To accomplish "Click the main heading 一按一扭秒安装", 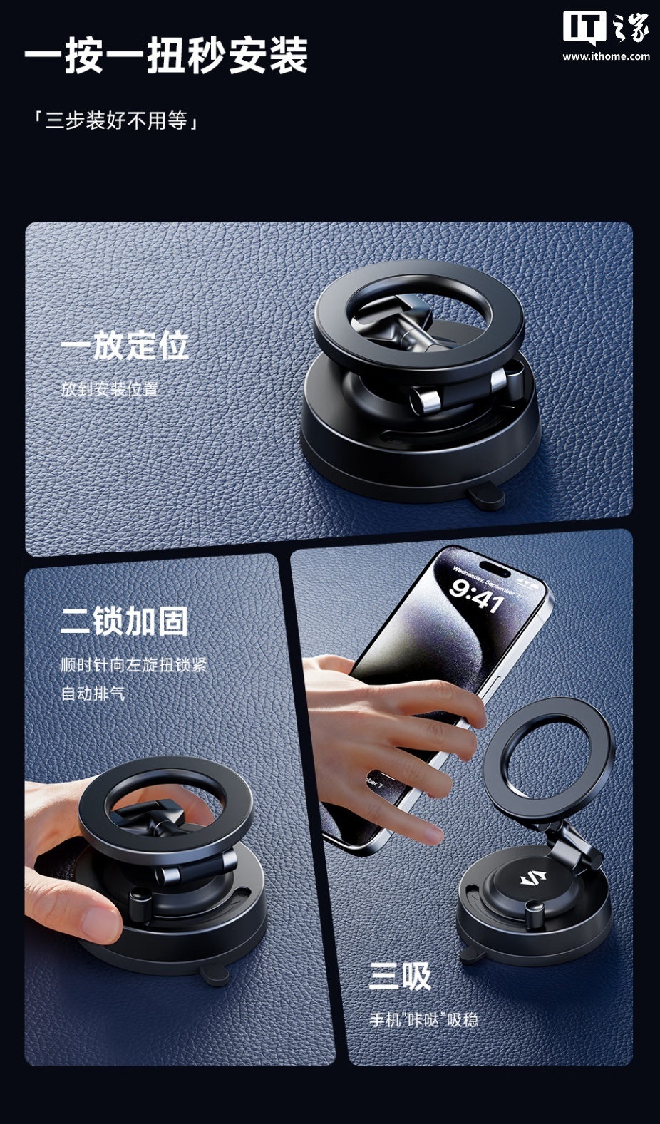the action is click(x=166, y=55).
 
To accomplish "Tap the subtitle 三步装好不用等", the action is click(x=116, y=121).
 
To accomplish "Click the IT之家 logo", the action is click(x=606, y=28).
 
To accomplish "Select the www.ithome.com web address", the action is click(x=606, y=56).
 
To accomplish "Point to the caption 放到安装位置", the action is click(x=110, y=389).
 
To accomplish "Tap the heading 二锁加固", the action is click(x=124, y=622).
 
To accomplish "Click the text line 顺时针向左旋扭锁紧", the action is click(x=133, y=666).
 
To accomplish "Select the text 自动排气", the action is click(x=93, y=694).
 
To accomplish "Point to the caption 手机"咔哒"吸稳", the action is click(x=424, y=1020).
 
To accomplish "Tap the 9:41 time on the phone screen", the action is click(x=477, y=595).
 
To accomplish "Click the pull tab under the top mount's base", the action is click(x=485, y=495).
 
